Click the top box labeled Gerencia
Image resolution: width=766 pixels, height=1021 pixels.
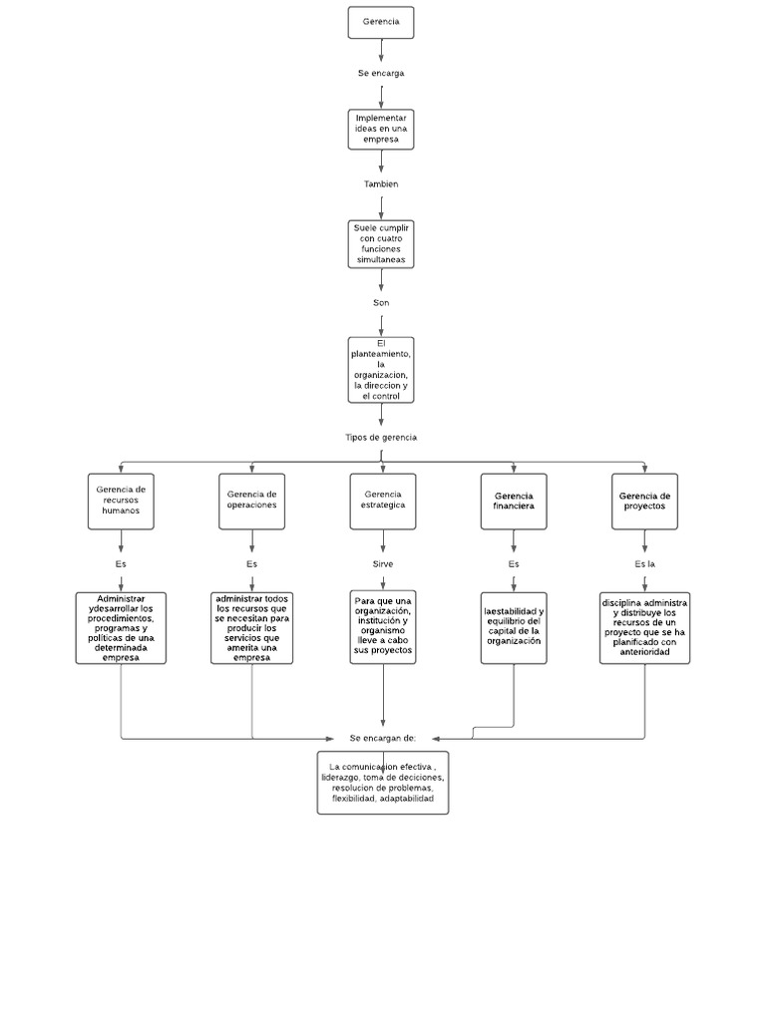pos(381,22)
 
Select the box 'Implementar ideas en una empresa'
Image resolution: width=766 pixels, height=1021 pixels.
pos(381,130)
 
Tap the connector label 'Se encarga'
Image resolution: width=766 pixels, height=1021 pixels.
pos(381,73)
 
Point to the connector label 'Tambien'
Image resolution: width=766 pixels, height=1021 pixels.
pos(381,184)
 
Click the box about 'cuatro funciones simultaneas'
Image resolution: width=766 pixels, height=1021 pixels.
pos(381,244)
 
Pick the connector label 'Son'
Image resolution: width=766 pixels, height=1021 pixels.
pos(381,302)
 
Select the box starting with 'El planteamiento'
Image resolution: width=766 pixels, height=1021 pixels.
pos(381,370)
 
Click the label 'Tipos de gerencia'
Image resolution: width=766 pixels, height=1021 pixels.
pos(381,438)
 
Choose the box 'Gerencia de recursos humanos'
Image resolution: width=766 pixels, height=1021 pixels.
pos(121,501)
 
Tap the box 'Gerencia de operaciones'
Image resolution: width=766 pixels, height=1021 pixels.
pos(251,501)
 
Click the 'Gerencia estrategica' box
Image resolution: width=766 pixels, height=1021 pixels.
pos(383,501)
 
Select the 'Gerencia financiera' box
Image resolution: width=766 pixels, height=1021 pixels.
pos(514,501)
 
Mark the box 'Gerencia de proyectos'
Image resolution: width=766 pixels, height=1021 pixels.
pos(644,501)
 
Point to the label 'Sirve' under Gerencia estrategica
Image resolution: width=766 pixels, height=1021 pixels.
pos(383,564)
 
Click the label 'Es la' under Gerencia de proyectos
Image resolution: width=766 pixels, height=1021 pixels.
pos(644,564)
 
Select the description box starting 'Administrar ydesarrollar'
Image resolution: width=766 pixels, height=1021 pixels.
pos(121,628)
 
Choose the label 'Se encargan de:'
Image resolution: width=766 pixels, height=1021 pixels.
pos(383,738)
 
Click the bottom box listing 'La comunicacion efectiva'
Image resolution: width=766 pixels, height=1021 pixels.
pos(383,783)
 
